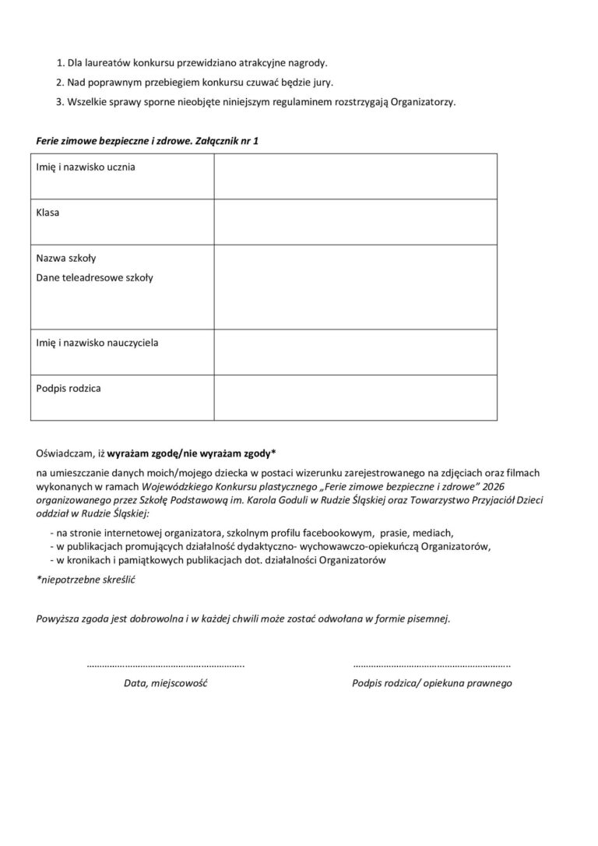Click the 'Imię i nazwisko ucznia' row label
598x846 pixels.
[x=86, y=167]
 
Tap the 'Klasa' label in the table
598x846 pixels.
[x=48, y=212]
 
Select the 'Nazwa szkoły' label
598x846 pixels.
[x=66, y=258]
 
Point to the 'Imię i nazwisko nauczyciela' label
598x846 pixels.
[x=97, y=342]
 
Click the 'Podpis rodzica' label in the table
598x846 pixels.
[x=69, y=387]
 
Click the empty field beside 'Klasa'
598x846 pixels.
[x=355, y=222]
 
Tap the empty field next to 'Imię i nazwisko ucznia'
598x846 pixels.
[x=355, y=176]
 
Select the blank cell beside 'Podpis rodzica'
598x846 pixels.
[x=355, y=397]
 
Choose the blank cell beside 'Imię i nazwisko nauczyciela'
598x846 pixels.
[x=355, y=352]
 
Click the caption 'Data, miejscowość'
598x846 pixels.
[x=165, y=683]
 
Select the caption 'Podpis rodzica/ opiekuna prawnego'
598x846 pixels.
[x=431, y=683]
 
